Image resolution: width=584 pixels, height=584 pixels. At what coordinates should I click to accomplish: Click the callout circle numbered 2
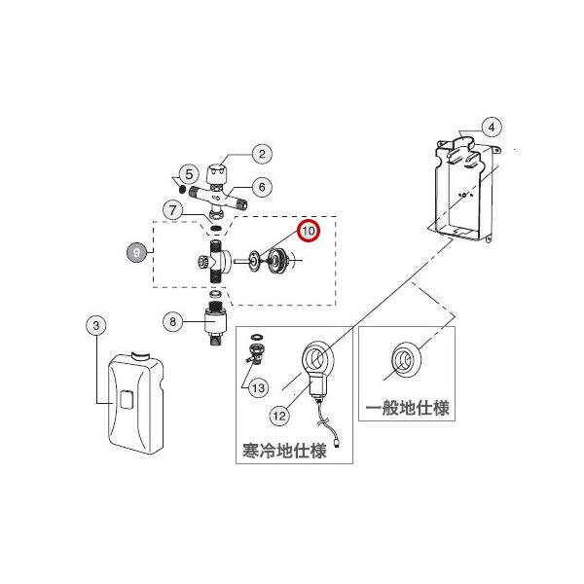(261, 153)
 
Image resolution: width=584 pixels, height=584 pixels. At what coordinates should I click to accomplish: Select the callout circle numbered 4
(491, 127)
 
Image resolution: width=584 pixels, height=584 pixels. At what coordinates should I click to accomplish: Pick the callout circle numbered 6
(261, 186)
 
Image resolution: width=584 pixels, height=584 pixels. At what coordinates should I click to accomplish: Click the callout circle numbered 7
(171, 208)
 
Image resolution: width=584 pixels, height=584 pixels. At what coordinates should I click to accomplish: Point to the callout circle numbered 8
(172, 320)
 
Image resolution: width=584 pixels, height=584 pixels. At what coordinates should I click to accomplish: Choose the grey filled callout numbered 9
(137, 251)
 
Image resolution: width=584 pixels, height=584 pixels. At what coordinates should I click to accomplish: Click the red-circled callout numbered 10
(308, 232)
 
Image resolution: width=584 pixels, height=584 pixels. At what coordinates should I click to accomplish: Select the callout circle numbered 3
(96, 327)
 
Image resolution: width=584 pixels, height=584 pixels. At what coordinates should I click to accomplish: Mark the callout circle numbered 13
(258, 388)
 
